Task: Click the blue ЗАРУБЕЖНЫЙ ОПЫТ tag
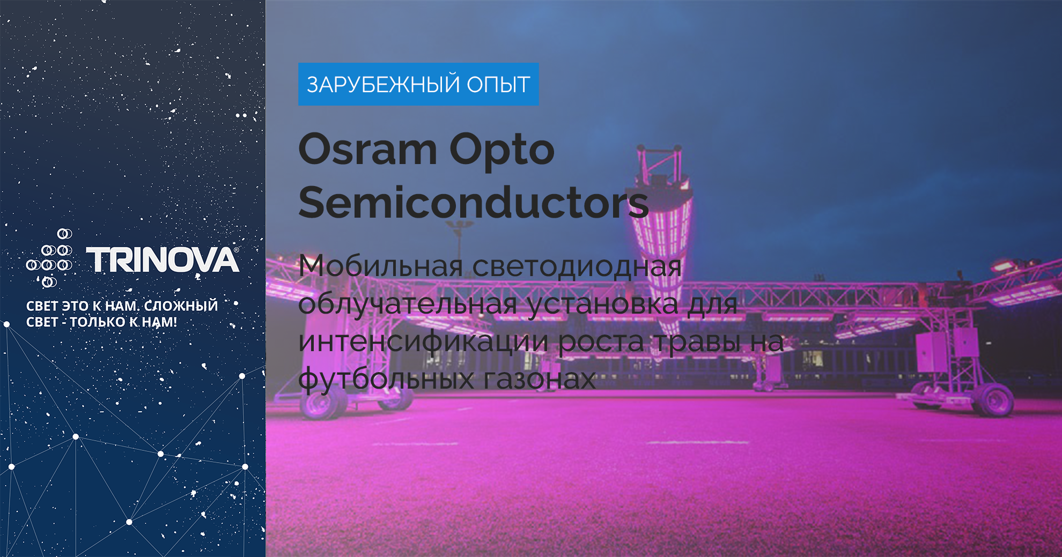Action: [x=418, y=84]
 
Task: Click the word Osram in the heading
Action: [x=368, y=149]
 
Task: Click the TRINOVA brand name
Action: [x=163, y=260]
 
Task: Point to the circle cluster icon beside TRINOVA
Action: [x=49, y=258]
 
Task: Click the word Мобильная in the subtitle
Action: [x=381, y=266]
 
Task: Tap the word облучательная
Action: [x=408, y=304]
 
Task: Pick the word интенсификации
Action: [x=423, y=341]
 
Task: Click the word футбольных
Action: [x=386, y=379]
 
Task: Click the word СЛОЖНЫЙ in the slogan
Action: [x=181, y=306]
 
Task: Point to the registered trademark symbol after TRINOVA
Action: [x=237, y=250]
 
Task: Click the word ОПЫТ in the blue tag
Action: [x=499, y=85]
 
